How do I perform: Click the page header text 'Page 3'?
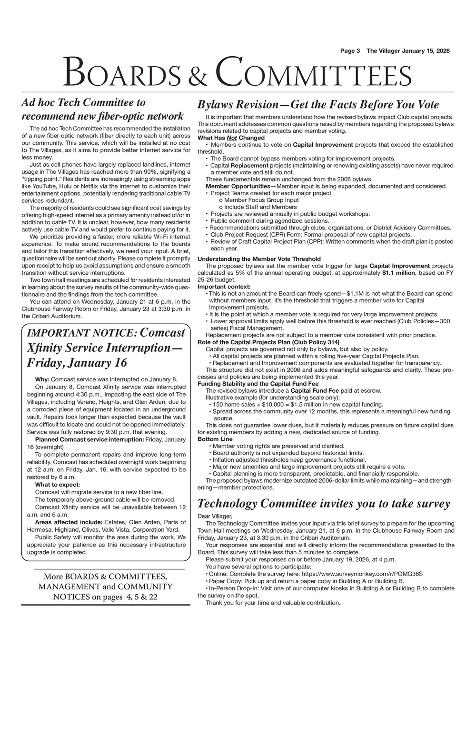tap(350, 51)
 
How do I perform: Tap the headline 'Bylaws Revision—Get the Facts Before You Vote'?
tap(318, 105)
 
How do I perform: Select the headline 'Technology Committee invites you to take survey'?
tap(323, 504)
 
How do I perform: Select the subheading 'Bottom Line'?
tap(215, 439)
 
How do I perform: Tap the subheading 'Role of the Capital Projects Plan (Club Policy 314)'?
tap(268, 342)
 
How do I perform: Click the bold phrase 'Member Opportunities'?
tap(238, 186)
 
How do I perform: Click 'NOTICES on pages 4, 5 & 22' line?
tap(105, 597)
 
